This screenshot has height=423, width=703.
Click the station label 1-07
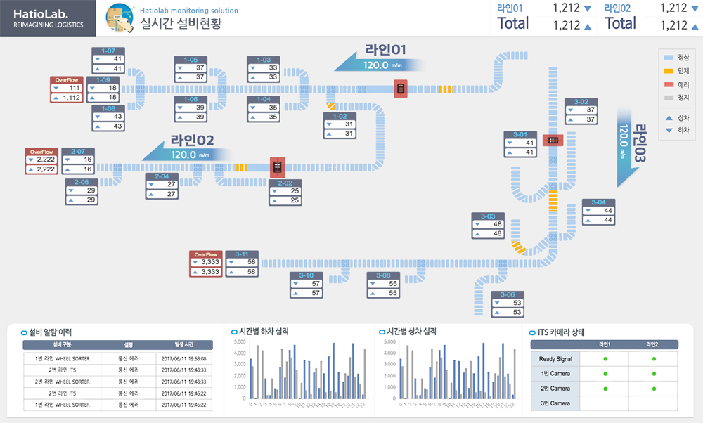click(x=108, y=51)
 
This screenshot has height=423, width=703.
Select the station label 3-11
click(x=241, y=254)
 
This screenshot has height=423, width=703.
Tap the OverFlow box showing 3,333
click(x=206, y=263)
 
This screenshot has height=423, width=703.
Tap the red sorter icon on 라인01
click(x=401, y=89)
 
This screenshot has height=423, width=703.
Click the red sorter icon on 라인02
click(x=278, y=167)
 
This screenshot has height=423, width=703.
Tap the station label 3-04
click(x=598, y=202)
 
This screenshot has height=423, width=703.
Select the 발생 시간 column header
click(x=184, y=345)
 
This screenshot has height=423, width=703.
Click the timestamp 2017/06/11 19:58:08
click(x=184, y=359)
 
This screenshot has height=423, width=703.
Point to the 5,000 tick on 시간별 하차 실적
click(x=239, y=342)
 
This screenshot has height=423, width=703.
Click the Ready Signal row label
click(x=555, y=359)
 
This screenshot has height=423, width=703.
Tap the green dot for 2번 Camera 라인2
click(x=654, y=388)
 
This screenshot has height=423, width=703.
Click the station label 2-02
click(x=285, y=183)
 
